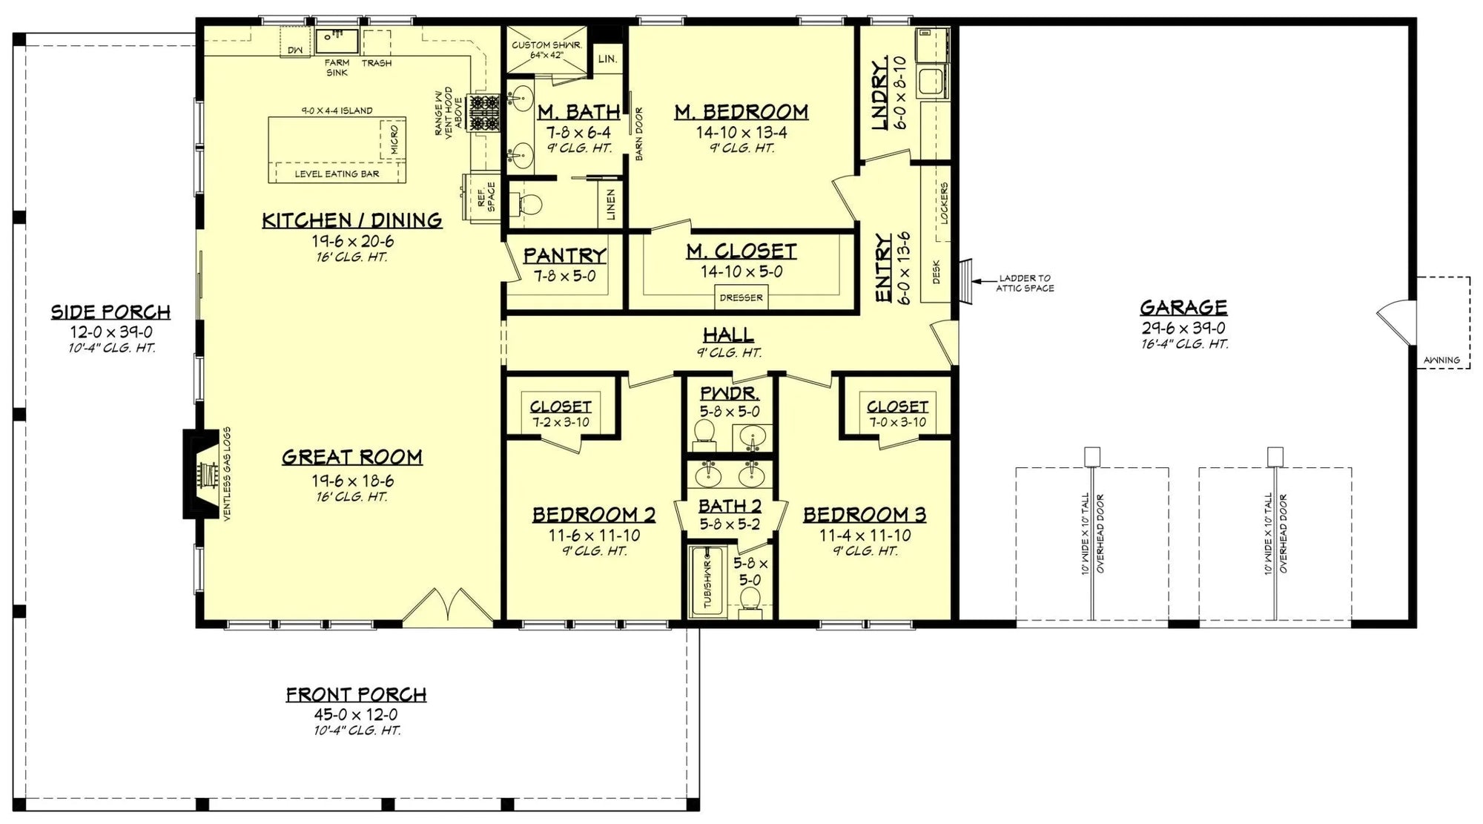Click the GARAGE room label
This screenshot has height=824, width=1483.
[1183, 307]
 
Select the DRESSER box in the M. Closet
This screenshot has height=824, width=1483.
[740, 297]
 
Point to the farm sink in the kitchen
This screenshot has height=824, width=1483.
[337, 39]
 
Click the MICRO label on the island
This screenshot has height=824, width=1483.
[394, 139]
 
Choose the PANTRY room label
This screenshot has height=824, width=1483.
[564, 255]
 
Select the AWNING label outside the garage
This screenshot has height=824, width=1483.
[1441, 360]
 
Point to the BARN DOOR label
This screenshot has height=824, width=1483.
[639, 134]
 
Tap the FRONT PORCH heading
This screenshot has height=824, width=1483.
[356, 694]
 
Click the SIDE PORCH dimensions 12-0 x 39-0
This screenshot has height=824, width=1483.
[111, 332]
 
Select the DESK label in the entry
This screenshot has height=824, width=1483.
[936, 271]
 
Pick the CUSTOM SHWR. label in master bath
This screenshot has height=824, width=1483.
[546, 45]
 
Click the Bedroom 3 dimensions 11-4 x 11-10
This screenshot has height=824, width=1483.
[865, 535]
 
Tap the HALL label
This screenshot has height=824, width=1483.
[728, 334]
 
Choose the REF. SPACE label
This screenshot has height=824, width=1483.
[486, 197]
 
